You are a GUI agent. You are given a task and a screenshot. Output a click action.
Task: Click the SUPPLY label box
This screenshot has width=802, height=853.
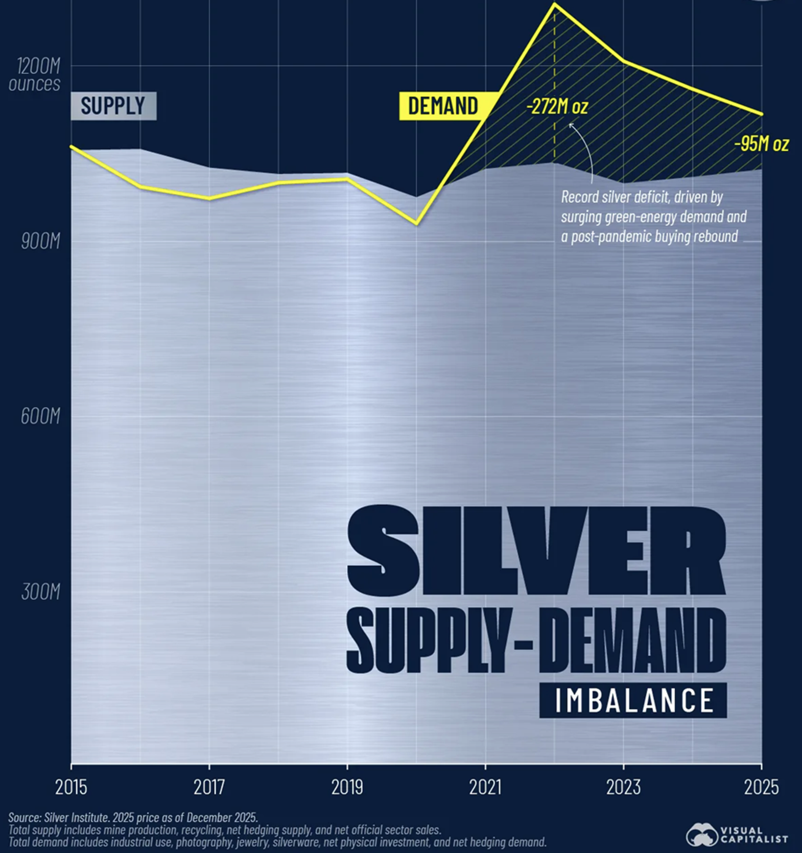113,106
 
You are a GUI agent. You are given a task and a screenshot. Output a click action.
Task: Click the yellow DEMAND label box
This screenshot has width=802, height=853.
443,106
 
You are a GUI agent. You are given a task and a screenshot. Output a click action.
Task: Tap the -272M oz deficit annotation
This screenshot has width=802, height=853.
557,107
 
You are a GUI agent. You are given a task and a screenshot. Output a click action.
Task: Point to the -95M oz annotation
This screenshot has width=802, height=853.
761,144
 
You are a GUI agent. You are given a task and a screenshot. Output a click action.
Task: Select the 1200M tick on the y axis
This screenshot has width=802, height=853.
39,66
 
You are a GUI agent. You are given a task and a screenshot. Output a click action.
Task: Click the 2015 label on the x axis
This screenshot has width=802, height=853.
71,787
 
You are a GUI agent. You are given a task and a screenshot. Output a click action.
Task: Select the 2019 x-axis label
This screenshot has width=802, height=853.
347,787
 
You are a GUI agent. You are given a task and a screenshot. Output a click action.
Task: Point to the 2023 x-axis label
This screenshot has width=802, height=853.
623,787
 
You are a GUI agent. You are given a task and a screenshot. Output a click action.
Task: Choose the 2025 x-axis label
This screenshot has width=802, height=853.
761,787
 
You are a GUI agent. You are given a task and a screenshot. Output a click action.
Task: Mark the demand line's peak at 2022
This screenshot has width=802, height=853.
555,5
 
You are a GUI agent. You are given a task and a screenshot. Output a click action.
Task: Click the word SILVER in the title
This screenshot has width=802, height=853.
536,552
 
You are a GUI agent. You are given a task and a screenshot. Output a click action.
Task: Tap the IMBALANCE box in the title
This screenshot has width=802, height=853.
633,700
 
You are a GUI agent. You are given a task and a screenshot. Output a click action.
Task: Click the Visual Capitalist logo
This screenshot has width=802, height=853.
737,835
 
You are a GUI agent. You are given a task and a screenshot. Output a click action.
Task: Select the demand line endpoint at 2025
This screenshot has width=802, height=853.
762,114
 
